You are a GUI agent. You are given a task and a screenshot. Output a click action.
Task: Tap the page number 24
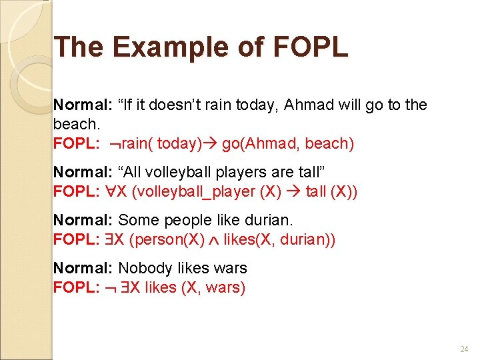(464, 349)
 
